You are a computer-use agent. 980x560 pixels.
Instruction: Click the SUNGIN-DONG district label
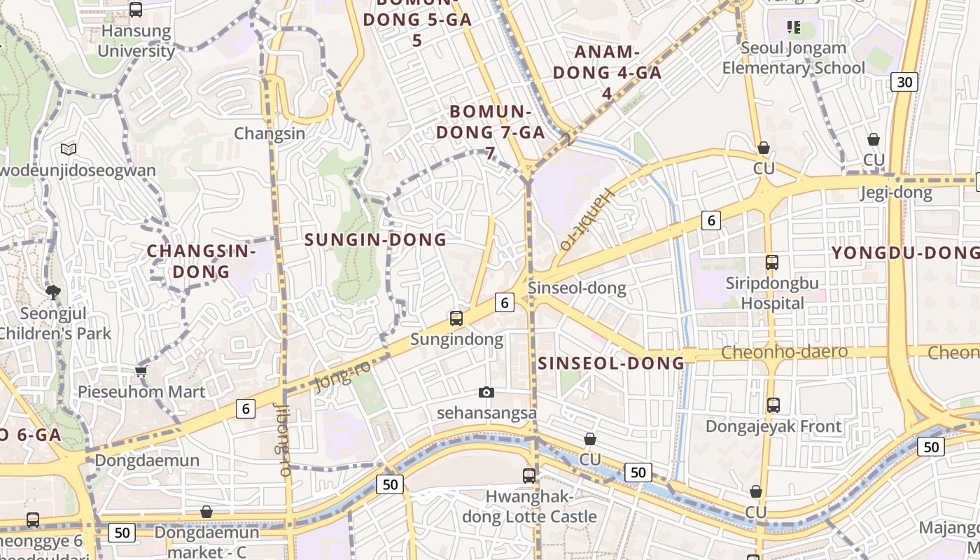[375, 239]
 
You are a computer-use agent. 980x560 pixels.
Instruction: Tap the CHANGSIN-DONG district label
[201, 261]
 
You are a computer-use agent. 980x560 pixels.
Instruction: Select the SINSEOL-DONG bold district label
[611, 363]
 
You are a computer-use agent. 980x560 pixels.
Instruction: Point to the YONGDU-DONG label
[904, 253]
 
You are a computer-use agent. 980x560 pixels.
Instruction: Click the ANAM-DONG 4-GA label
[607, 72]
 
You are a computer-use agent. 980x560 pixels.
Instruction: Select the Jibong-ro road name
[283, 440]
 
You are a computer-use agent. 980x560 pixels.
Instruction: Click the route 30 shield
[904, 82]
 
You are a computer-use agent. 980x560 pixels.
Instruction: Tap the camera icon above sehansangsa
[486, 393]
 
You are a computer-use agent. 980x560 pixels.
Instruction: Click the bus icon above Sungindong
[456, 318]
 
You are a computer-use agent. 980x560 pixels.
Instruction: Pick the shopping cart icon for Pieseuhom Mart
[141, 371]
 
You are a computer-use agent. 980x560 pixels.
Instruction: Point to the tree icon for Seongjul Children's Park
[53, 292]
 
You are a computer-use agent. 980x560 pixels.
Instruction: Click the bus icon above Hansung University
[136, 10]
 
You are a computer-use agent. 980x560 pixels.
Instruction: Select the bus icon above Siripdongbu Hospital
[772, 262]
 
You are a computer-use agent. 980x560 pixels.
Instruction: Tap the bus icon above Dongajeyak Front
[773, 405]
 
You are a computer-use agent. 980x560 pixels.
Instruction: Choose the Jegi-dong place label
[896, 192]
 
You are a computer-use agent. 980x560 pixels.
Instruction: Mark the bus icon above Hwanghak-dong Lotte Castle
[529, 476]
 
